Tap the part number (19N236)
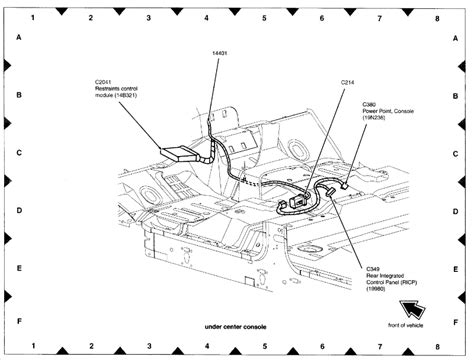tap(376, 116)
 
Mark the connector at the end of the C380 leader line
tap(342, 185)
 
